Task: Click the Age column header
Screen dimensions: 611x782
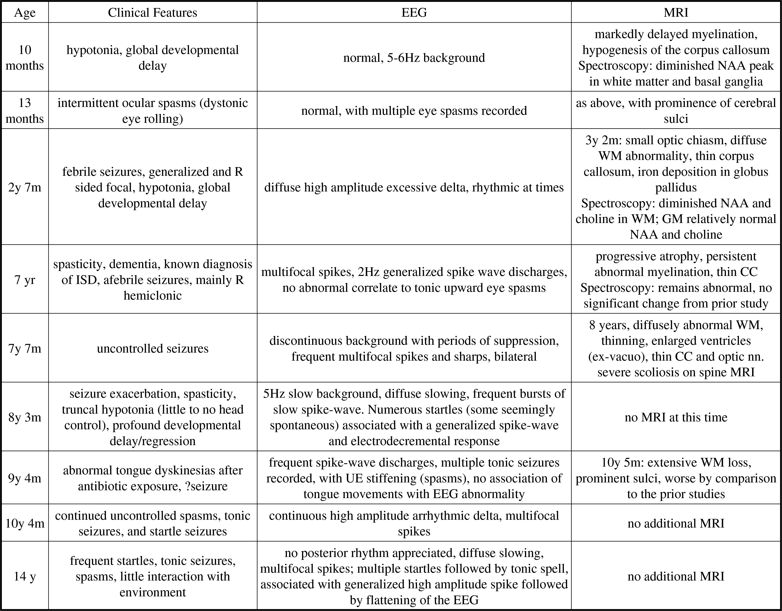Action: coord(25,13)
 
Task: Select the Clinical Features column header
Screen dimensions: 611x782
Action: coord(153,13)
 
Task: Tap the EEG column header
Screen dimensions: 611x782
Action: coord(414,13)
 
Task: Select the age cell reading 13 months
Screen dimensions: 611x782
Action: coord(25,111)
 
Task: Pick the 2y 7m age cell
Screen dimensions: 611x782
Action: coord(25,187)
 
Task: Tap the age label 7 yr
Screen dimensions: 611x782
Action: coord(25,280)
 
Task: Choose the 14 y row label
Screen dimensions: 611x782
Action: coord(25,576)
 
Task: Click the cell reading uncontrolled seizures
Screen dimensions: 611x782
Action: coord(153,348)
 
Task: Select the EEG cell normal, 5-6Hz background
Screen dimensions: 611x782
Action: coord(414,58)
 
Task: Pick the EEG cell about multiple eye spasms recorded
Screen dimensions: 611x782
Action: coord(414,111)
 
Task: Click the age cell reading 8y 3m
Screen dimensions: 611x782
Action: coord(25,417)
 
